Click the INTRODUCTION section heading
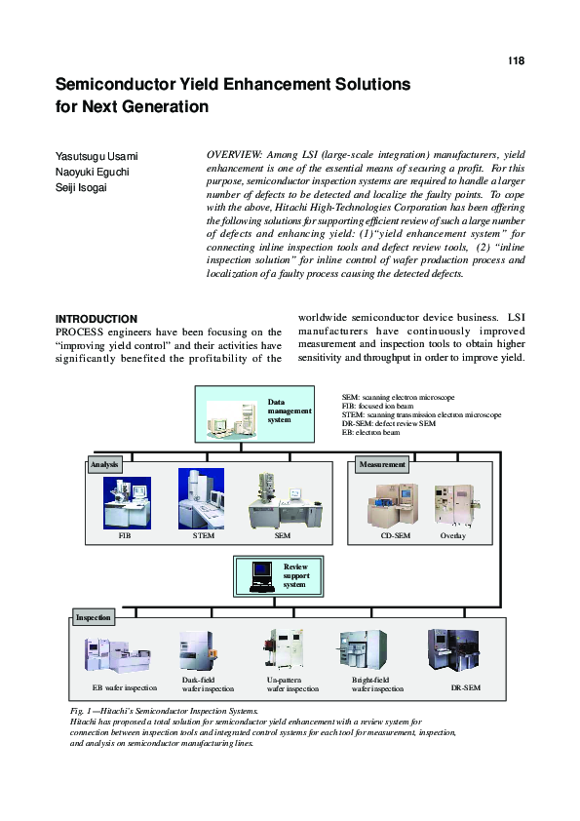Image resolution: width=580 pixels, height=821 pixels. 97,319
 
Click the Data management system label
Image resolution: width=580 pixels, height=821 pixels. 290,411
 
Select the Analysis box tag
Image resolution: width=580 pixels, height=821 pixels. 104,465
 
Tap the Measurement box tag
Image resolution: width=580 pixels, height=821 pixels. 382,465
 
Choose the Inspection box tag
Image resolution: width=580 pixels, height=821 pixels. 94,617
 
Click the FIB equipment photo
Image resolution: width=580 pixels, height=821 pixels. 127,502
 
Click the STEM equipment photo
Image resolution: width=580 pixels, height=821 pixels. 201,498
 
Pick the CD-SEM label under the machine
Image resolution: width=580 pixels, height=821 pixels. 394,536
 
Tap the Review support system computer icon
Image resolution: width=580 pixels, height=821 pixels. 260,574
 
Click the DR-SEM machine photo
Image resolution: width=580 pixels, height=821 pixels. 451,651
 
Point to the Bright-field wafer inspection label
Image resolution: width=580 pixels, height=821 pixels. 377,684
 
